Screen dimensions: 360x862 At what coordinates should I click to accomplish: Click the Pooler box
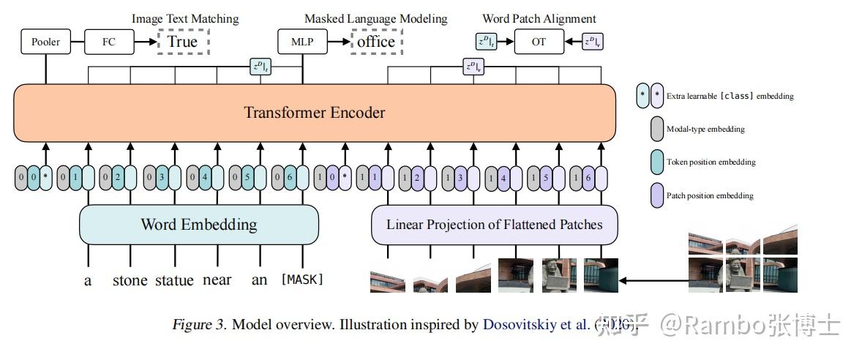45,42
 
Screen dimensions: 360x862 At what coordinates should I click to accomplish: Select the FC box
109,42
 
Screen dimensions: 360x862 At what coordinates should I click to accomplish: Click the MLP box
301,42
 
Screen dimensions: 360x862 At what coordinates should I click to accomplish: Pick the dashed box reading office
376,42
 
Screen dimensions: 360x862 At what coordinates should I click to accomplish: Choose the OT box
539,42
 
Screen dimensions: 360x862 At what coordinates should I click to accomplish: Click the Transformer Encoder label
314,113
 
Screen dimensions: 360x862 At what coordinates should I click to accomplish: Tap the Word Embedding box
199,224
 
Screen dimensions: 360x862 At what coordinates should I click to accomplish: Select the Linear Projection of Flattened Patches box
495,224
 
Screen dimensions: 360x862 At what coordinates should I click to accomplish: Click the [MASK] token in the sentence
302,280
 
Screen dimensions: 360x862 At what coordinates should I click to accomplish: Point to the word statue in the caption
174,280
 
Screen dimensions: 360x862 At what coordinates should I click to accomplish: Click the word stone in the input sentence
130,280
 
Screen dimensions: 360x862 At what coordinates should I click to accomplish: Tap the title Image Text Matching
184,18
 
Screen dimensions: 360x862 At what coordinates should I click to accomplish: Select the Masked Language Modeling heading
375,18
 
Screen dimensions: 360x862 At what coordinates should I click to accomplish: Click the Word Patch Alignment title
539,18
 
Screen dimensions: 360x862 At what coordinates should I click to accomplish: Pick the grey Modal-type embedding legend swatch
657,129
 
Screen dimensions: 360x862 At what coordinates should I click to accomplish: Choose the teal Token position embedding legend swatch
657,162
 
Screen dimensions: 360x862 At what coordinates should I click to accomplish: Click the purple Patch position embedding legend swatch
657,195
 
